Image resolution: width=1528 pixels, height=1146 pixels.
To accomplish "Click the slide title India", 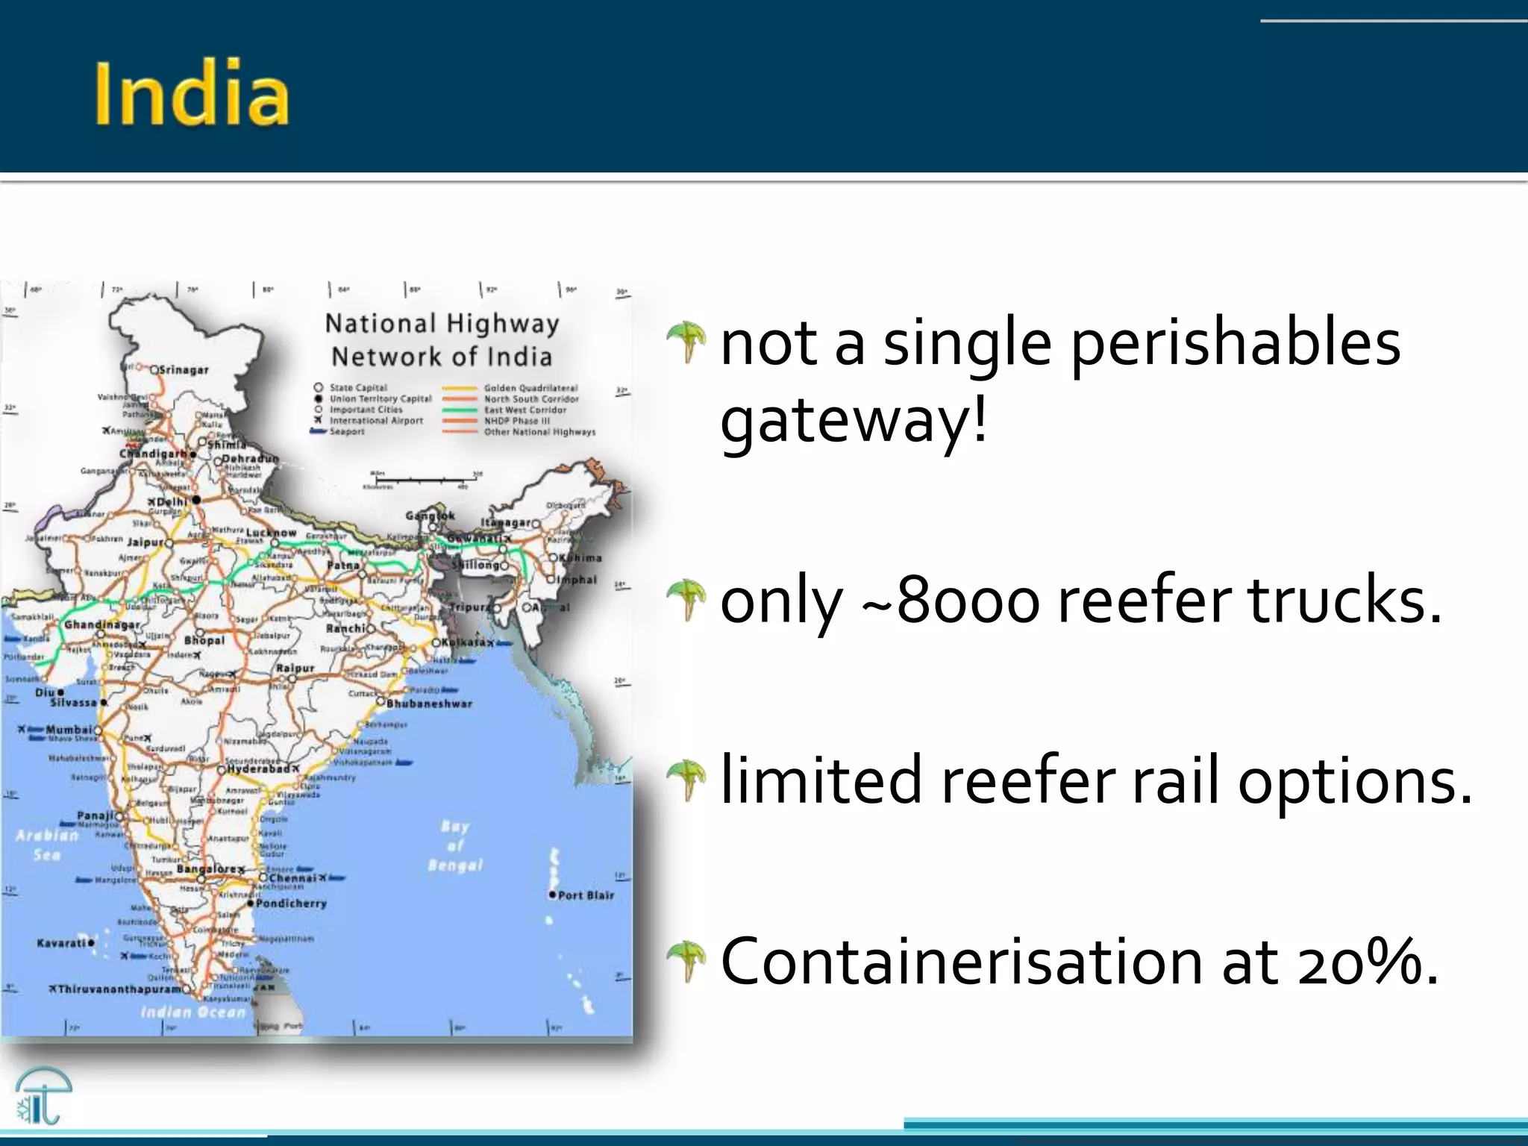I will click(192, 94).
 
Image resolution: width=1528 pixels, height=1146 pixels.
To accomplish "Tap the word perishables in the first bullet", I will click(1236, 345).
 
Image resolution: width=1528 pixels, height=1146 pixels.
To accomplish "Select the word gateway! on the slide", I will click(854, 421).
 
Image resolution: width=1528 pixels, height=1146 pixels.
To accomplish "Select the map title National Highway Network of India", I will click(442, 340).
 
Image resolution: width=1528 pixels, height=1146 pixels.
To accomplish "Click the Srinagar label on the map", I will click(184, 370).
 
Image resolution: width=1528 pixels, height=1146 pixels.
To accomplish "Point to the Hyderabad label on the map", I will click(257, 768).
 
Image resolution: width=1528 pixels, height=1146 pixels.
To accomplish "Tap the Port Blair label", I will click(586, 895).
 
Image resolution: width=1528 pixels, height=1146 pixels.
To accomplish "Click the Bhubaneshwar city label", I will click(429, 704).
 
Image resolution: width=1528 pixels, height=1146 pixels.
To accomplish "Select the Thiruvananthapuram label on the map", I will click(119, 989).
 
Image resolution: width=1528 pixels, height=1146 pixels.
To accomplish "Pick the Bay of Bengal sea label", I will click(455, 846).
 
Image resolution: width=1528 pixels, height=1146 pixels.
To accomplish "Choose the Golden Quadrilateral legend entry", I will click(530, 388).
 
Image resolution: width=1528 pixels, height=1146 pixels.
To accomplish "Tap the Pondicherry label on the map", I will click(291, 904).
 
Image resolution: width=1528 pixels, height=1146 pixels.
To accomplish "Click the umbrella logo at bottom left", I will click(43, 1095).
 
